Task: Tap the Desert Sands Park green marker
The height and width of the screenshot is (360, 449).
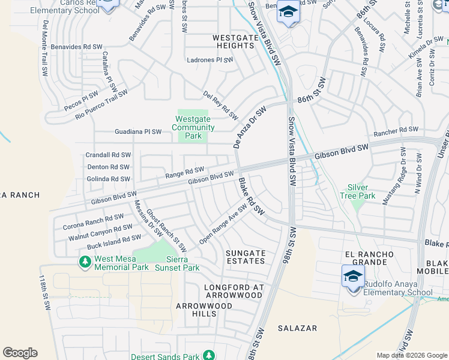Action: pyautogui.click(x=209, y=355)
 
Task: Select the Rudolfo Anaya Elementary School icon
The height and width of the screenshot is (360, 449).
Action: pyautogui.click(x=354, y=277)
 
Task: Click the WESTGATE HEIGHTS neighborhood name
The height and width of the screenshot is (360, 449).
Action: pyautogui.click(x=234, y=41)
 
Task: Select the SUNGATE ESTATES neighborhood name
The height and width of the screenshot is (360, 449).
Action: pyautogui.click(x=245, y=257)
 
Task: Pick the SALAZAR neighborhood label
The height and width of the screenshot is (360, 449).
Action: pyautogui.click(x=297, y=328)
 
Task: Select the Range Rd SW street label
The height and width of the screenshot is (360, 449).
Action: pyautogui.click(x=185, y=173)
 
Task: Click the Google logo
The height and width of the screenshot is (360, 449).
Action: pyautogui.click(x=20, y=353)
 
